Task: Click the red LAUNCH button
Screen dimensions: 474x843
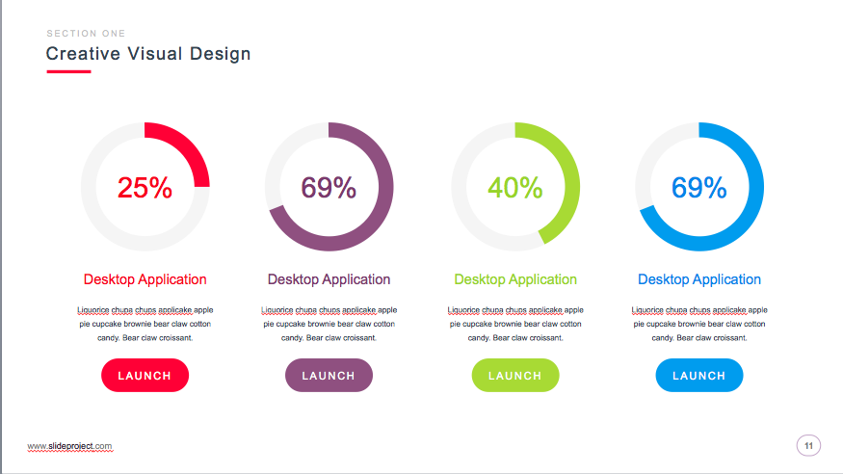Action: pos(145,376)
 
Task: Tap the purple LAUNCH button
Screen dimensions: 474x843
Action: pos(329,376)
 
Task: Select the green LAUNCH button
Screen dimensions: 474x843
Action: pos(514,376)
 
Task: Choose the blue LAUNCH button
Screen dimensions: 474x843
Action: pos(698,376)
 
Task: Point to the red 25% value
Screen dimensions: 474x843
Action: pos(145,188)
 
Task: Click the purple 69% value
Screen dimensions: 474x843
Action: pos(329,188)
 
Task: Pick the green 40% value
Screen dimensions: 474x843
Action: pos(514,188)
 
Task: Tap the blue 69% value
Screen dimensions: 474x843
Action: pos(698,188)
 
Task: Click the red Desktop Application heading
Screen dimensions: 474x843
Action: pos(145,279)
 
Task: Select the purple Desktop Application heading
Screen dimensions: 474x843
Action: pos(329,279)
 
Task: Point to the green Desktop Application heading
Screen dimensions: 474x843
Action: pos(514,279)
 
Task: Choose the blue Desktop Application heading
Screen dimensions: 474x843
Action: pos(698,279)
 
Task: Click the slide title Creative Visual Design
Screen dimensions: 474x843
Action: pos(148,54)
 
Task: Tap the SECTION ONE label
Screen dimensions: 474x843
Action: pos(86,34)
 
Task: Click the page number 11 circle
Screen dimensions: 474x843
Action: pos(808,445)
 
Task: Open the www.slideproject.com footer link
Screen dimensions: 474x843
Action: pos(69,446)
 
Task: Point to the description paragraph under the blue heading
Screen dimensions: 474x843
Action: pos(698,324)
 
